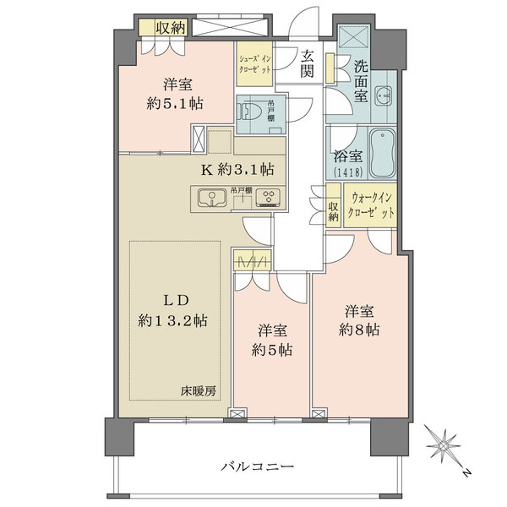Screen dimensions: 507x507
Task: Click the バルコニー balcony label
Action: tap(259, 466)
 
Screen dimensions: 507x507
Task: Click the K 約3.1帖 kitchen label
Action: tap(236, 169)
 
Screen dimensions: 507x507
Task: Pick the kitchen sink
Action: tap(208, 199)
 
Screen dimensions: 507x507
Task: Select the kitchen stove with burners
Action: tap(270, 199)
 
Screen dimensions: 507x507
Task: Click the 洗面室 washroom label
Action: tap(361, 79)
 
